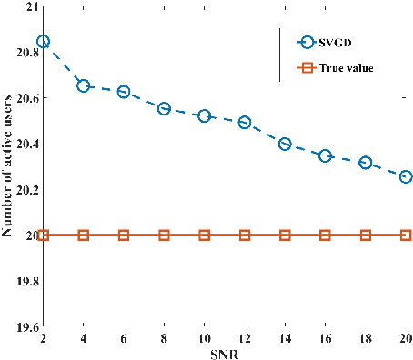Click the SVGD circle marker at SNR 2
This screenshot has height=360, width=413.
click(x=43, y=42)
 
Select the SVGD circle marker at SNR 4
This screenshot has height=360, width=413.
click(x=84, y=85)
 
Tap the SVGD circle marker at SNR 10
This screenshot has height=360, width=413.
click(x=204, y=116)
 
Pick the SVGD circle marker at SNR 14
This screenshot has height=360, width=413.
click(x=285, y=144)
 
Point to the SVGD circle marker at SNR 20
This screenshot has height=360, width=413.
click(x=406, y=176)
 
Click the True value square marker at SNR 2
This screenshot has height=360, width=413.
click(x=43, y=235)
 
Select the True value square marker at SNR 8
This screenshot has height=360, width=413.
click(x=164, y=235)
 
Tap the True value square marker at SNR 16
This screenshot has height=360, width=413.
click(x=325, y=235)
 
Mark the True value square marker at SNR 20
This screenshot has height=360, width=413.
click(x=406, y=235)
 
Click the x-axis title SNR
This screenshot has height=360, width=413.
click(x=224, y=352)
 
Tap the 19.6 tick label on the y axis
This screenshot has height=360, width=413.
click(x=24, y=327)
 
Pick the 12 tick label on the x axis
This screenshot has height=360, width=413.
click(x=245, y=337)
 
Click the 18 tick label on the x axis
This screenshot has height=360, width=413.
click(x=365, y=337)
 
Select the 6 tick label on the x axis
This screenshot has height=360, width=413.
click(x=124, y=337)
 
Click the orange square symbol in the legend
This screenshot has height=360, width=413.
click(x=306, y=67)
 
